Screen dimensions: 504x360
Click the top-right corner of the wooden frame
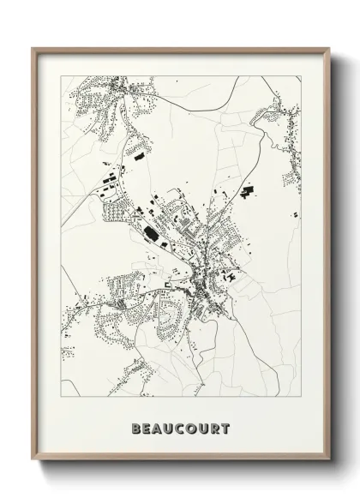pyautogui.click(x=329, y=46)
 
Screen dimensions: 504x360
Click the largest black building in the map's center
pyautogui.click(x=151, y=231)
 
